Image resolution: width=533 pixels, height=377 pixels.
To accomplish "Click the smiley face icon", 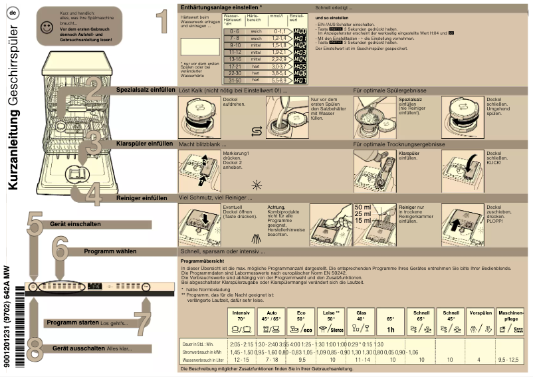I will tap(46, 27).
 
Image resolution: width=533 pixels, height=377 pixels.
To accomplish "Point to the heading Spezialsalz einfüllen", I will tap(146, 89).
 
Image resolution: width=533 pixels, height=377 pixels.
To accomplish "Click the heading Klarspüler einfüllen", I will tap(144, 143).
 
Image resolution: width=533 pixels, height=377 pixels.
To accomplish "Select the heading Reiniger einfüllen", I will tap(142, 197).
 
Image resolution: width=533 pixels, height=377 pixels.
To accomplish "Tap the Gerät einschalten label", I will tap(74, 224).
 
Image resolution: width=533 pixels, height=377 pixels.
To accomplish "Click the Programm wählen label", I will tap(110, 251).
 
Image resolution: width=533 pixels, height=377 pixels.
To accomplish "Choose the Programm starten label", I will tap(72, 322).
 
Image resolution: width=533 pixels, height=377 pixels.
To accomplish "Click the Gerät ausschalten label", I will tap(78, 348).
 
